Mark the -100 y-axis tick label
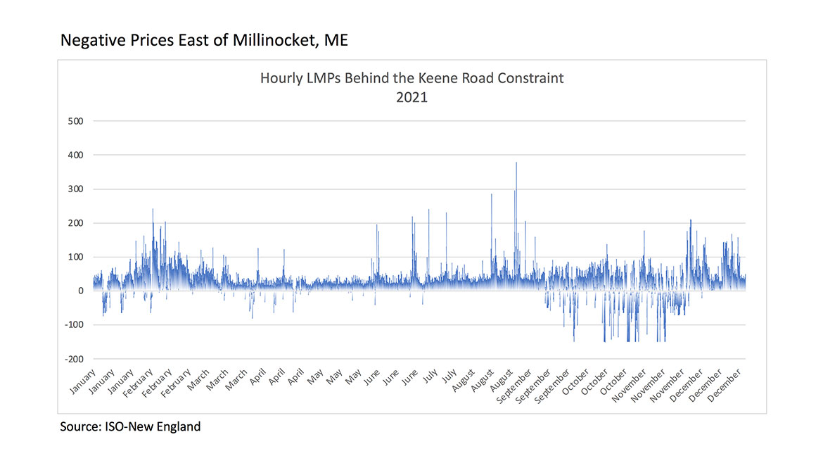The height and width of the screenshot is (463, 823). click(73, 325)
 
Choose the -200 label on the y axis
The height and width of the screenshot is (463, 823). click(73, 359)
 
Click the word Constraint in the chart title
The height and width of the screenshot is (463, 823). click(530, 78)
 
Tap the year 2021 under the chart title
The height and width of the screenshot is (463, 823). click(412, 98)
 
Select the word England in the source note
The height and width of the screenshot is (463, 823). click(178, 426)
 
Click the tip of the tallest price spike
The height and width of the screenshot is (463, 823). click(516, 163)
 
